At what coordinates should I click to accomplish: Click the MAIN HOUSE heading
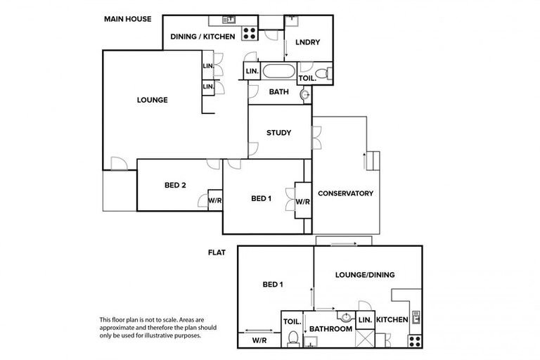127,18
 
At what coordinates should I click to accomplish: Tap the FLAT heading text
216,251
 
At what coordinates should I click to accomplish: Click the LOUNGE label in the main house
152,100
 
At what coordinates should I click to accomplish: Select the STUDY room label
279,132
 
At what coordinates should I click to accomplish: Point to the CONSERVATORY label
345,193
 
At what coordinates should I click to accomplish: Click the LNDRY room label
308,42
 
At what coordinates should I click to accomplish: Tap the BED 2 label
175,186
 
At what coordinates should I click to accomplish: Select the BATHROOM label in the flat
330,328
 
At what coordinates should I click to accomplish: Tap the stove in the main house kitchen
249,30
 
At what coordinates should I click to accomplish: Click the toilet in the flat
292,338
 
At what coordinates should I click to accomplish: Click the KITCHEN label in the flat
392,321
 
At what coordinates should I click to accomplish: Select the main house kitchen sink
229,19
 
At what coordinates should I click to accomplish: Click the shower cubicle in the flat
365,339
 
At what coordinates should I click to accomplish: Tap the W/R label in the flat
259,340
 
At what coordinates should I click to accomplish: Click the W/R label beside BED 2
214,200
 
